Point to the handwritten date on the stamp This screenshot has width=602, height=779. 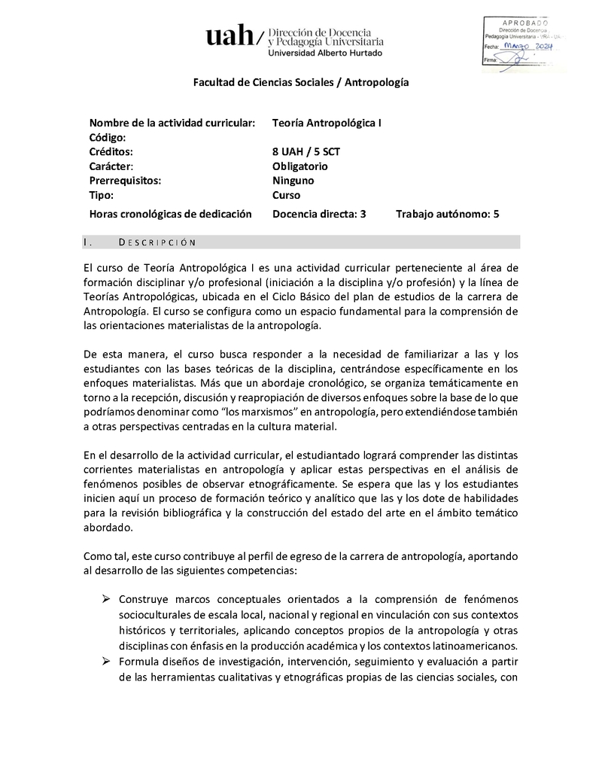(x=529, y=46)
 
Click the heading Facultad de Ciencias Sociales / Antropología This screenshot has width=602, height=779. (x=301, y=82)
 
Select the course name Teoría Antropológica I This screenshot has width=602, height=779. (x=327, y=123)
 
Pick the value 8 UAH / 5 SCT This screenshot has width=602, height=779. (x=306, y=151)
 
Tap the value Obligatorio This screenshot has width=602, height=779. (x=300, y=166)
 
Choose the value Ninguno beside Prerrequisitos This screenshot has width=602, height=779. (x=293, y=181)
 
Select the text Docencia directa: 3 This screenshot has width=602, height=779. (x=319, y=214)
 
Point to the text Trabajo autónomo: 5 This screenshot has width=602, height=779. (x=448, y=214)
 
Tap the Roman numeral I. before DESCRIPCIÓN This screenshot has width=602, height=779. (x=89, y=242)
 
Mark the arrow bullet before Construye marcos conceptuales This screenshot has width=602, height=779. (x=106, y=599)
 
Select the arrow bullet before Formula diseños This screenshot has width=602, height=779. (x=106, y=662)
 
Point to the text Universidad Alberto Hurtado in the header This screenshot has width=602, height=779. (x=325, y=53)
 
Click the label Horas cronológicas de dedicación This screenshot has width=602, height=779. (x=170, y=214)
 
